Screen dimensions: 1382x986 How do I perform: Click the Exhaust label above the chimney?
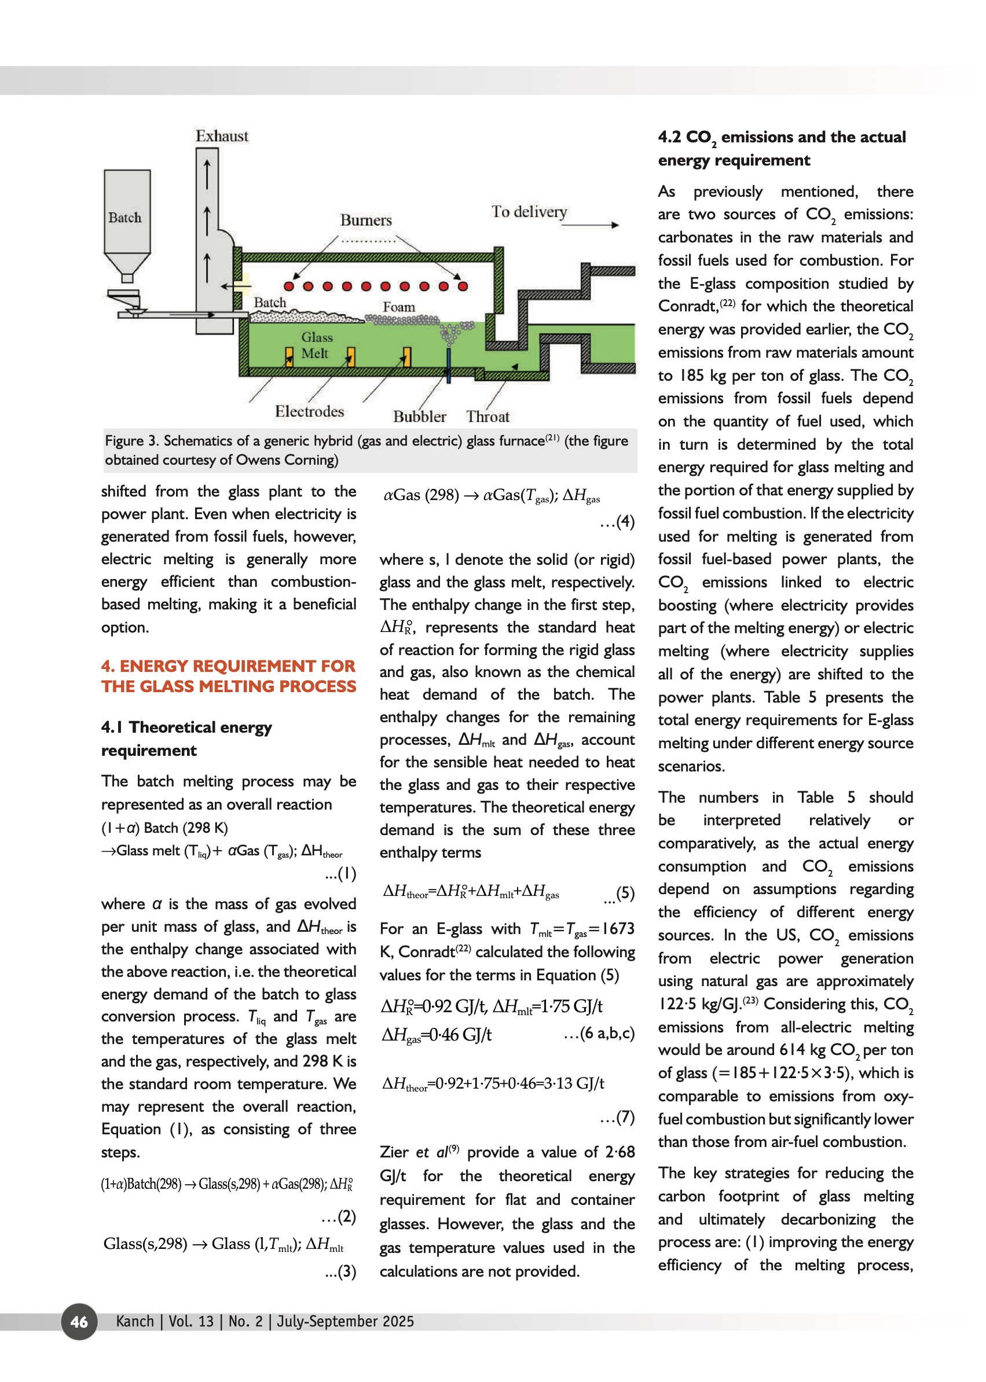tap(222, 136)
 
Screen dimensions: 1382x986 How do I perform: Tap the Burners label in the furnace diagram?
tap(365, 220)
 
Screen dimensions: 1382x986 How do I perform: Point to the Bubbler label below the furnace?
tap(419, 416)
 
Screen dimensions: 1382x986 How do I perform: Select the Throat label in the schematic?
tap(487, 416)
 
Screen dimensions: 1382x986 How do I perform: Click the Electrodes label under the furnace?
tap(309, 411)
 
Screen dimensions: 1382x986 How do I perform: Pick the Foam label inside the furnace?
tap(398, 307)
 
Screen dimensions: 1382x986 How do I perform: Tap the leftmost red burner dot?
tap(289, 286)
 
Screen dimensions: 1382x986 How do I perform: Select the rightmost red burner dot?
tap(463, 286)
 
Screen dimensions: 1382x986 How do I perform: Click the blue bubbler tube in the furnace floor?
tap(449, 364)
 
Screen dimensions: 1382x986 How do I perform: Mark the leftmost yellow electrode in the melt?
tap(289, 356)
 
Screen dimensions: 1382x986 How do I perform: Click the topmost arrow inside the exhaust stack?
tap(207, 174)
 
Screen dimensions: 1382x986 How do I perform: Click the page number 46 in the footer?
tap(79, 1322)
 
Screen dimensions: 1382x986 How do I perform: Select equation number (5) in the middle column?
tap(625, 893)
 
